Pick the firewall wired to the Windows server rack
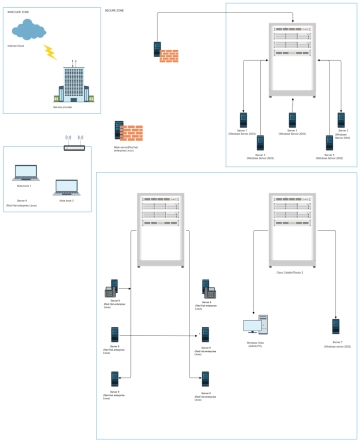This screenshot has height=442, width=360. tap(163, 47)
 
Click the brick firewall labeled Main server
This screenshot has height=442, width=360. tap(126, 129)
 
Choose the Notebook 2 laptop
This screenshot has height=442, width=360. tap(67, 185)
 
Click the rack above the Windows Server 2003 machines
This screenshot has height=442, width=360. tap(291, 50)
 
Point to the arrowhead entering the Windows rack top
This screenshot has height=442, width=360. tap(292, 18)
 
